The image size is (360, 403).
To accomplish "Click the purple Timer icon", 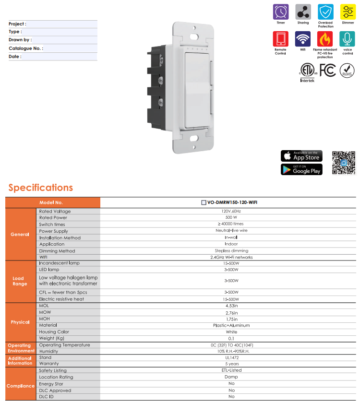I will click(x=280, y=12).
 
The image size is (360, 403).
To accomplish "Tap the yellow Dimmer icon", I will click(x=348, y=12).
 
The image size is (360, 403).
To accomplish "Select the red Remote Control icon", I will click(x=280, y=39).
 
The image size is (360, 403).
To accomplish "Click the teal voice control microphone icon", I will click(x=348, y=39).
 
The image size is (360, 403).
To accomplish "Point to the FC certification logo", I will click(x=327, y=70).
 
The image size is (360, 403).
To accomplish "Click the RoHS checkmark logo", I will click(x=347, y=71).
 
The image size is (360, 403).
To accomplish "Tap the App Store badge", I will click(x=301, y=156).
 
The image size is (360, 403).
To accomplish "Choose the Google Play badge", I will click(x=301, y=169).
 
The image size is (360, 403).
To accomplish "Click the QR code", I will click(x=344, y=163).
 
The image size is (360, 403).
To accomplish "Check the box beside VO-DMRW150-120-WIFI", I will click(x=204, y=202).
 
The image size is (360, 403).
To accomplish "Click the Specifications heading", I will click(x=41, y=188).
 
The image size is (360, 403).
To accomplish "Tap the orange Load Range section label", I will click(x=20, y=281).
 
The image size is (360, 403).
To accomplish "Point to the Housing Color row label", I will click(x=54, y=332).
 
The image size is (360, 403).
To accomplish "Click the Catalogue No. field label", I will click(x=26, y=48).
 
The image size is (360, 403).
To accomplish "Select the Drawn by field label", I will click(x=20, y=40).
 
